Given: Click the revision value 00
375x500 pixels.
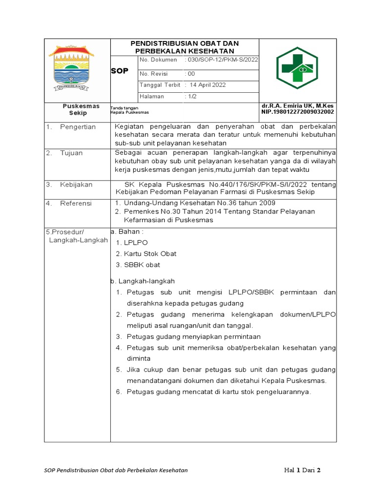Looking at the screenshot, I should point(190,74).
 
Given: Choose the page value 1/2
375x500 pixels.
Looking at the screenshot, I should point(190,97).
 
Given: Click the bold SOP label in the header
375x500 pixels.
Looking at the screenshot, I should point(120,71).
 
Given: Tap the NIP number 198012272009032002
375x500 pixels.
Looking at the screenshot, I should point(298,112).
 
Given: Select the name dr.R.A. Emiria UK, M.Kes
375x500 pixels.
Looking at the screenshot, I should point(297,106).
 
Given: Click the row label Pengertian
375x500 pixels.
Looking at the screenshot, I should point(78,127).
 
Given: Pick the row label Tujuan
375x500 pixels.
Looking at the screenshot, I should point(71,153).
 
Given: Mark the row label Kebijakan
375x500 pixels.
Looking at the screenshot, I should point(76,185).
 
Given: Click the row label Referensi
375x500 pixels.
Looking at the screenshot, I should point(76,203).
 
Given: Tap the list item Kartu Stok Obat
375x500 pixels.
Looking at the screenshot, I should point(150,254).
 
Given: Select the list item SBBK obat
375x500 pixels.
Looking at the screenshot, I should point(142,265).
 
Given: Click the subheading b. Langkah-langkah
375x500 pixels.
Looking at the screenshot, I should point(142,281).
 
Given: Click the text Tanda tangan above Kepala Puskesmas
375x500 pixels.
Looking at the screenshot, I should point(125,108).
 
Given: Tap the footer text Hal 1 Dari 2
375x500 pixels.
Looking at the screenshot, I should point(302,471).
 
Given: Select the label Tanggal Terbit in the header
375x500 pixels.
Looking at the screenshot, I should point(160,85).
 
